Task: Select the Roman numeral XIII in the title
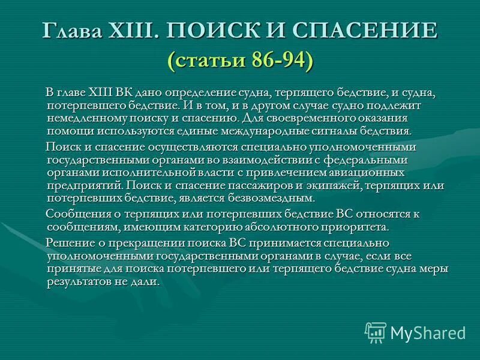tap(128, 31)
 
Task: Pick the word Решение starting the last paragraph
tap(68, 243)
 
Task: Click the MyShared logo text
tap(428, 331)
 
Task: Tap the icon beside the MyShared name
tap(376, 331)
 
